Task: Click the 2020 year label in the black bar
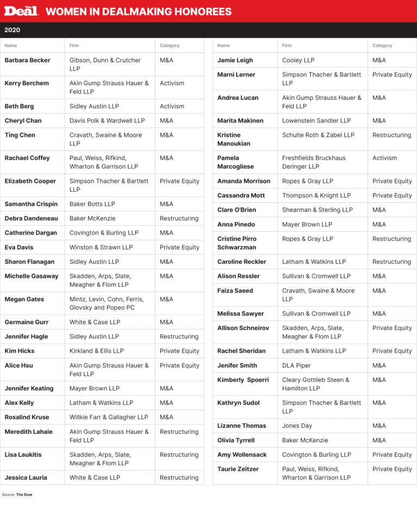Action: [12, 30]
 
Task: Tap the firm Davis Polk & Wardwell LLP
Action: [107, 120]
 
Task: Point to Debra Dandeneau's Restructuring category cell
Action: [179, 218]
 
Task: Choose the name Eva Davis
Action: [19, 247]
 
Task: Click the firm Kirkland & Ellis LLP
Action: [96, 351]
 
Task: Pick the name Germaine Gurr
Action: [26, 322]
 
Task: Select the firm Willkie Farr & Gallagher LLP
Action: [109, 417]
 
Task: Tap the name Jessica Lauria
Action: [26, 478]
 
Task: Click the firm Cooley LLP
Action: [298, 60]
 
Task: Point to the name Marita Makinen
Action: [240, 120]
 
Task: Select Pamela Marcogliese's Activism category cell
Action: [384, 158]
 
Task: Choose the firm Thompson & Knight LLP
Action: [316, 195]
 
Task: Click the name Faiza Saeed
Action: [235, 290]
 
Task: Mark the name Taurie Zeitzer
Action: [238, 469]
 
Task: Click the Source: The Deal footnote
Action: [17, 494]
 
